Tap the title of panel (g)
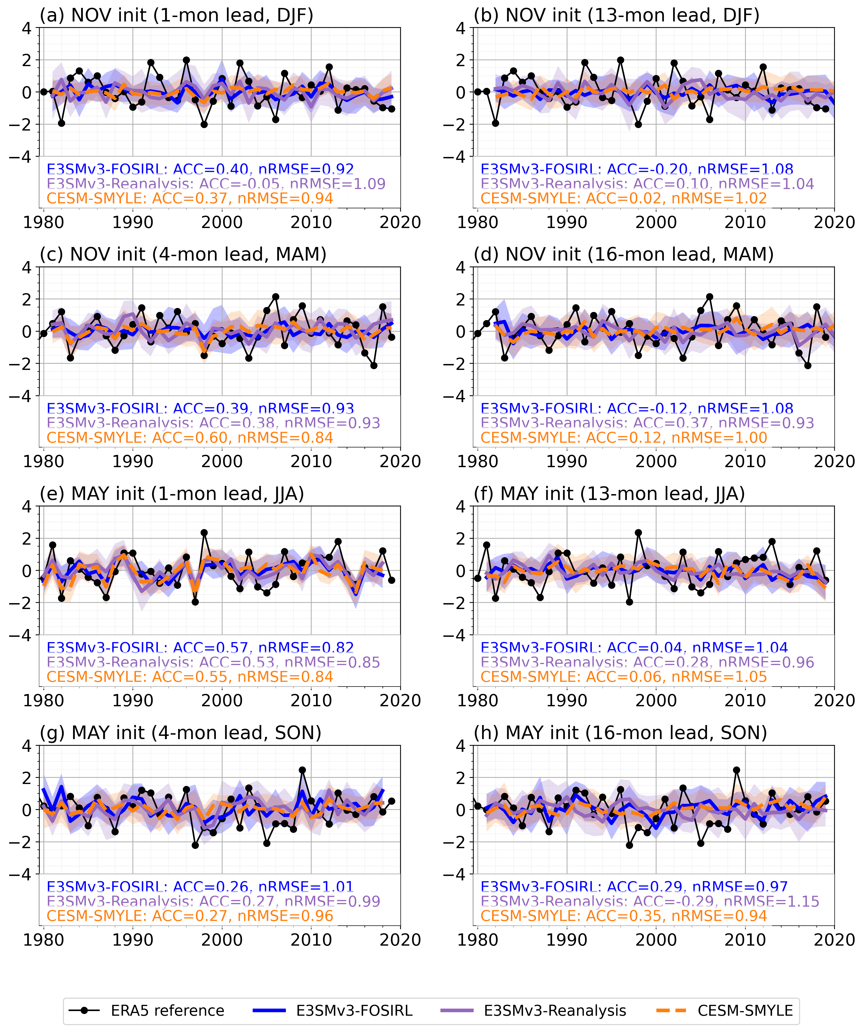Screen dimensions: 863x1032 point(180,733)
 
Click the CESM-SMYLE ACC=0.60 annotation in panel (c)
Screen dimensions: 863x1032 point(189,437)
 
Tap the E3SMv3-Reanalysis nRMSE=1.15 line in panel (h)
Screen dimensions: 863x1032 point(650,901)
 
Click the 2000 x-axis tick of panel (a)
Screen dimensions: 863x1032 point(222,222)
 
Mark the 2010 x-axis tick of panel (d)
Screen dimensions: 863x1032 point(745,461)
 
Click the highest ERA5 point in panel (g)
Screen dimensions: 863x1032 point(302,771)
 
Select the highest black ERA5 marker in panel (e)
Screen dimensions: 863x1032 point(204,533)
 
